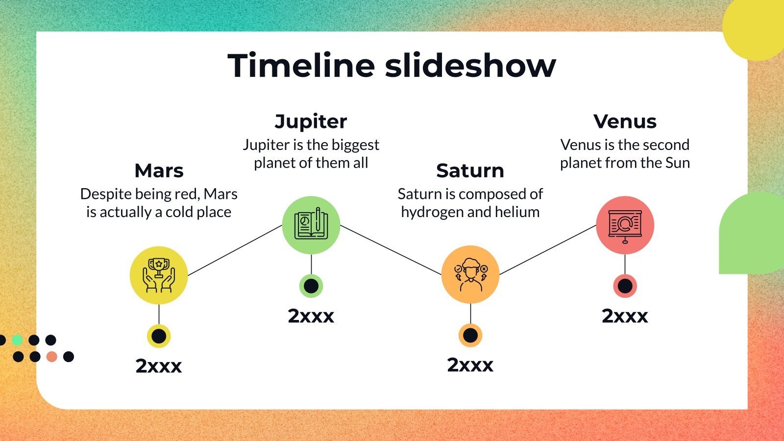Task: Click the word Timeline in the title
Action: click(301, 66)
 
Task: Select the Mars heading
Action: click(159, 171)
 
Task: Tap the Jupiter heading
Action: click(311, 121)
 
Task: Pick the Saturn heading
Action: click(470, 171)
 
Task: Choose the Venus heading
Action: click(625, 121)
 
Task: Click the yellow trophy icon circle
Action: click(159, 275)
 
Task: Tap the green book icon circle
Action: click(311, 225)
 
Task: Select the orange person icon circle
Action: click(470, 275)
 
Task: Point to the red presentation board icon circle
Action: click(625, 225)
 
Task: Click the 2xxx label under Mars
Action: click(159, 366)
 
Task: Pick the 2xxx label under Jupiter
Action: click(311, 316)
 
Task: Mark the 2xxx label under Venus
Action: click(625, 316)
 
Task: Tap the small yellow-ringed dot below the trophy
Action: click(159, 336)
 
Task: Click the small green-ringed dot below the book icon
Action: click(311, 286)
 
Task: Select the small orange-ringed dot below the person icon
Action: click(470, 336)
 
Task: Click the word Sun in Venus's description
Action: click(677, 163)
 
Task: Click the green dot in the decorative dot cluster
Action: click(17, 340)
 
